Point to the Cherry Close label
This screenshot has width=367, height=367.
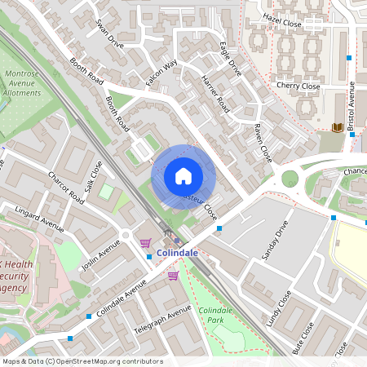click(x=298, y=86)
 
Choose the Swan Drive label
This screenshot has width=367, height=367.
click(x=109, y=33)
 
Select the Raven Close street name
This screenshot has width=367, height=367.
click(x=262, y=142)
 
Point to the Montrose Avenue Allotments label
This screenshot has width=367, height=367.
click(x=23, y=83)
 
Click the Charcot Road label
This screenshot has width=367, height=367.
click(x=66, y=188)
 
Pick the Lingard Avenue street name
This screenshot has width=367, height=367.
click(x=39, y=219)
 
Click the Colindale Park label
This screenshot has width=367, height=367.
click(x=216, y=315)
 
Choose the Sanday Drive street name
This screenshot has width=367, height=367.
click(x=276, y=241)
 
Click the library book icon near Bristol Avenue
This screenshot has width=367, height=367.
click(x=337, y=127)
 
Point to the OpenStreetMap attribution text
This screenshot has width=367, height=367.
click(x=82, y=361)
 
